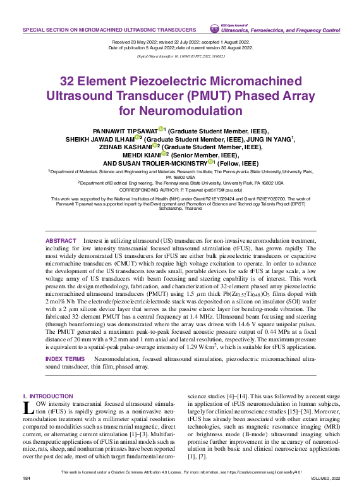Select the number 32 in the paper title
(x=70, y=82)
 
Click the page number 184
(x=26, y=479)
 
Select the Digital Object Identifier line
(x=181, y=56)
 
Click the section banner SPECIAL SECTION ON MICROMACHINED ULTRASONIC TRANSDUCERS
(x=109, y=30)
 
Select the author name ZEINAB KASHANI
(x=126, y=146)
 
